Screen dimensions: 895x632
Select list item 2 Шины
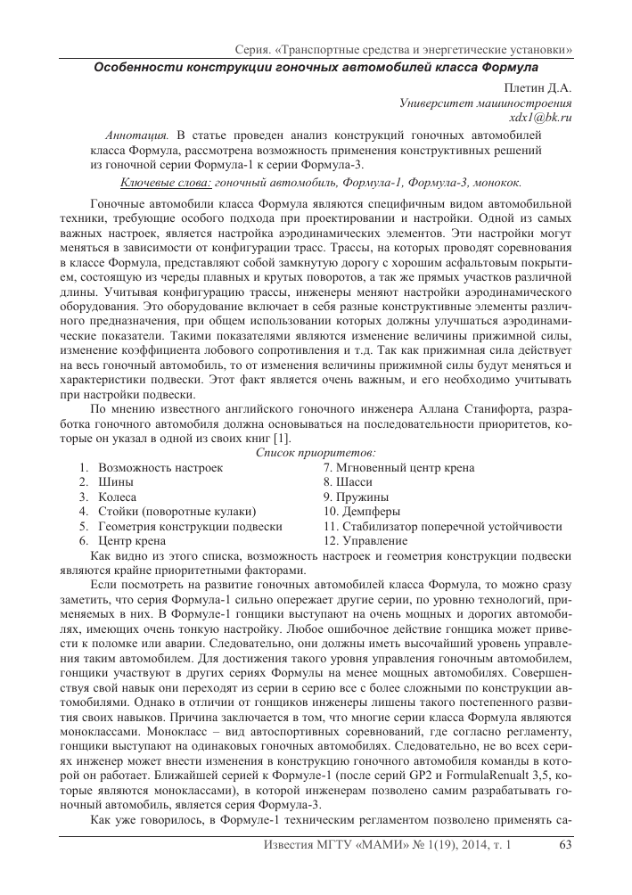click(116, 482)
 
